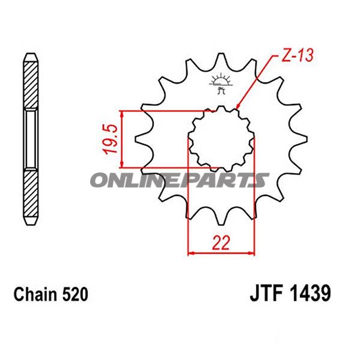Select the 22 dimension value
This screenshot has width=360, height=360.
click(221, 243)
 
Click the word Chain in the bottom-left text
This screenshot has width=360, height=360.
click(33, 295)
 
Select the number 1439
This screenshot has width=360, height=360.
click(310, 295)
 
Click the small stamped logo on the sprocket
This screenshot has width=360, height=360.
click(221, 84)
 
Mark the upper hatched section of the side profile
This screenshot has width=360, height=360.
click(31, 84)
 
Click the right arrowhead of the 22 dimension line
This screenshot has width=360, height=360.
click(252, 253)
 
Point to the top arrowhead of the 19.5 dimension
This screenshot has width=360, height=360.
click(123, 114)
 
